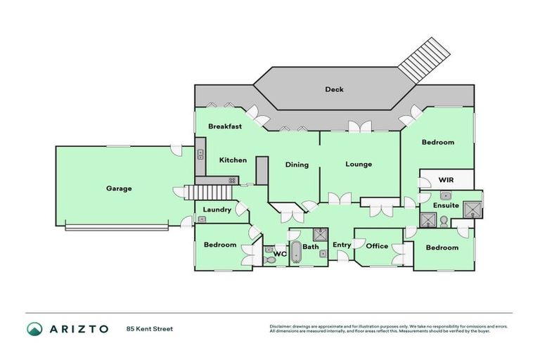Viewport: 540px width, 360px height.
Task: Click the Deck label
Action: coord(334,89)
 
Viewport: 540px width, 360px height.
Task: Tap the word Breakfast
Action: coord(225,127)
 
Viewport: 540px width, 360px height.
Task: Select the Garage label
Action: coord(119,188)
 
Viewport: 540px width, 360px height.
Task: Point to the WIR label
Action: coord(446,180)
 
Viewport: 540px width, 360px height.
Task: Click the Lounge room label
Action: coord(359,165)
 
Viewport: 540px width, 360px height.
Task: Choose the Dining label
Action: coord(297,165)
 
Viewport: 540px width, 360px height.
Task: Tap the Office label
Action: coord(377,246)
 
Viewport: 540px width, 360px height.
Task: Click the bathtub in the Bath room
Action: coord(295,252)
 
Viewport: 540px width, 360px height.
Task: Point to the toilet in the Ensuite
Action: coord(445,221)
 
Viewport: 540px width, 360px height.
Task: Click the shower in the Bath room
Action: coord(320,234)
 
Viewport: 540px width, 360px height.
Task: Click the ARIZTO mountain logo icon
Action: coord(34,329)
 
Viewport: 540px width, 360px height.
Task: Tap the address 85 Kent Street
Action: coord(149,329)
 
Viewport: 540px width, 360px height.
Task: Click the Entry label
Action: coord(342,245)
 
